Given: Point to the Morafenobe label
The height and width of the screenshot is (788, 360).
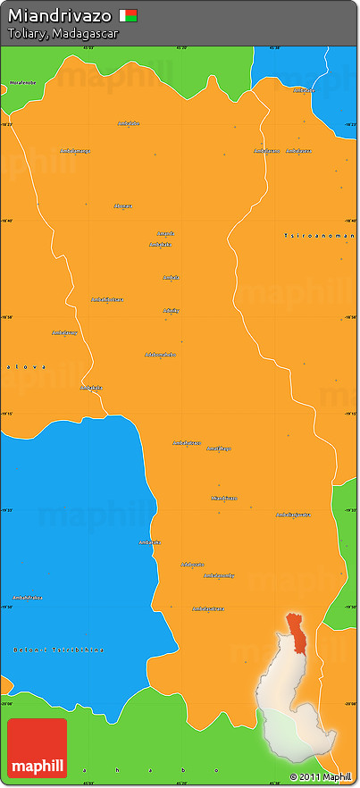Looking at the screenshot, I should tap(23, 82).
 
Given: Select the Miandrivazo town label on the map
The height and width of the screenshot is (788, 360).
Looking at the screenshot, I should tap(224, 498).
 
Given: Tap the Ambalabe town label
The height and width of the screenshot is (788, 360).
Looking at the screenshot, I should tap(129, 123).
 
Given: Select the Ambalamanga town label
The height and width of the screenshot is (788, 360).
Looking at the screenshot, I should tap(75, 150).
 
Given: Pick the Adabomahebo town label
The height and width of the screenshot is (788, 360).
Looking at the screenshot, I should tap(160, 355).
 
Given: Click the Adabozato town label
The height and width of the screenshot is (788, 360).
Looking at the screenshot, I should tap(192, 564).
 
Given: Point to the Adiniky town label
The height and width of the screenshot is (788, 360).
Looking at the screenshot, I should tap(171, 310).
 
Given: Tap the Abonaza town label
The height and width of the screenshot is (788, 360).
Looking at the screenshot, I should tap(122, 205).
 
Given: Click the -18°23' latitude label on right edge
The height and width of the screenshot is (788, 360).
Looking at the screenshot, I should tap(349, 125).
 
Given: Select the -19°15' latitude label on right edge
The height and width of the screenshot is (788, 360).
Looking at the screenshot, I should tap(349, 414).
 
